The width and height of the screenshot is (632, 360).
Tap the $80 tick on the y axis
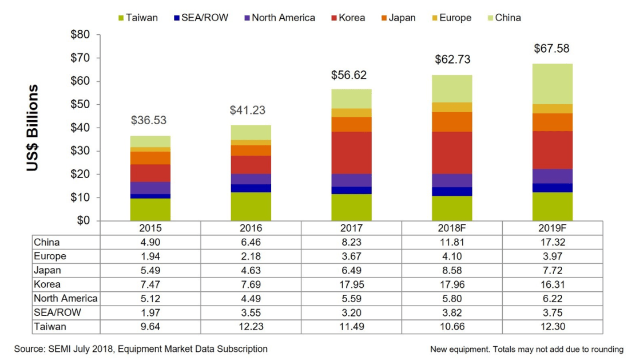point(80,35)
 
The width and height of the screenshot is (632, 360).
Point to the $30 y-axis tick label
point(80,151)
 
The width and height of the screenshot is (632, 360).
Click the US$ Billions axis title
point(33,128)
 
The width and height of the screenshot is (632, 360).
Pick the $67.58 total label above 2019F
point(551,49)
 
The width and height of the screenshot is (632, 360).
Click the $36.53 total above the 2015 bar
point(150,121)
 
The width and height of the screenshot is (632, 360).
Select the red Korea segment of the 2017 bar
point(351,153)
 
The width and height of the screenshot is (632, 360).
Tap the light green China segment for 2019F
point(552,84)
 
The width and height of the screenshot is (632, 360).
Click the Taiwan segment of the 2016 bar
point(251,207)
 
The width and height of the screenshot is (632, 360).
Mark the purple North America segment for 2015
point(150,188)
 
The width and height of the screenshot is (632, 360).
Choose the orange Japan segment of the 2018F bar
point(452,122)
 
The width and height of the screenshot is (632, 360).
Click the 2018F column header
point(452,228)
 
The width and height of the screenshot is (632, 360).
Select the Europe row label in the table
point(50,256)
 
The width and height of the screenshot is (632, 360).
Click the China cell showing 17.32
point(552,242)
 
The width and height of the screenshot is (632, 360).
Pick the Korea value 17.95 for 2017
point(351,284)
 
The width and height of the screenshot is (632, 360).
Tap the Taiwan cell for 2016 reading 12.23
point(251,327)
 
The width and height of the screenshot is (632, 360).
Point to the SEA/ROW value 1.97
point(150,312)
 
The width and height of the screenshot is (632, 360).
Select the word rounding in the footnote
point(606,349)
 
